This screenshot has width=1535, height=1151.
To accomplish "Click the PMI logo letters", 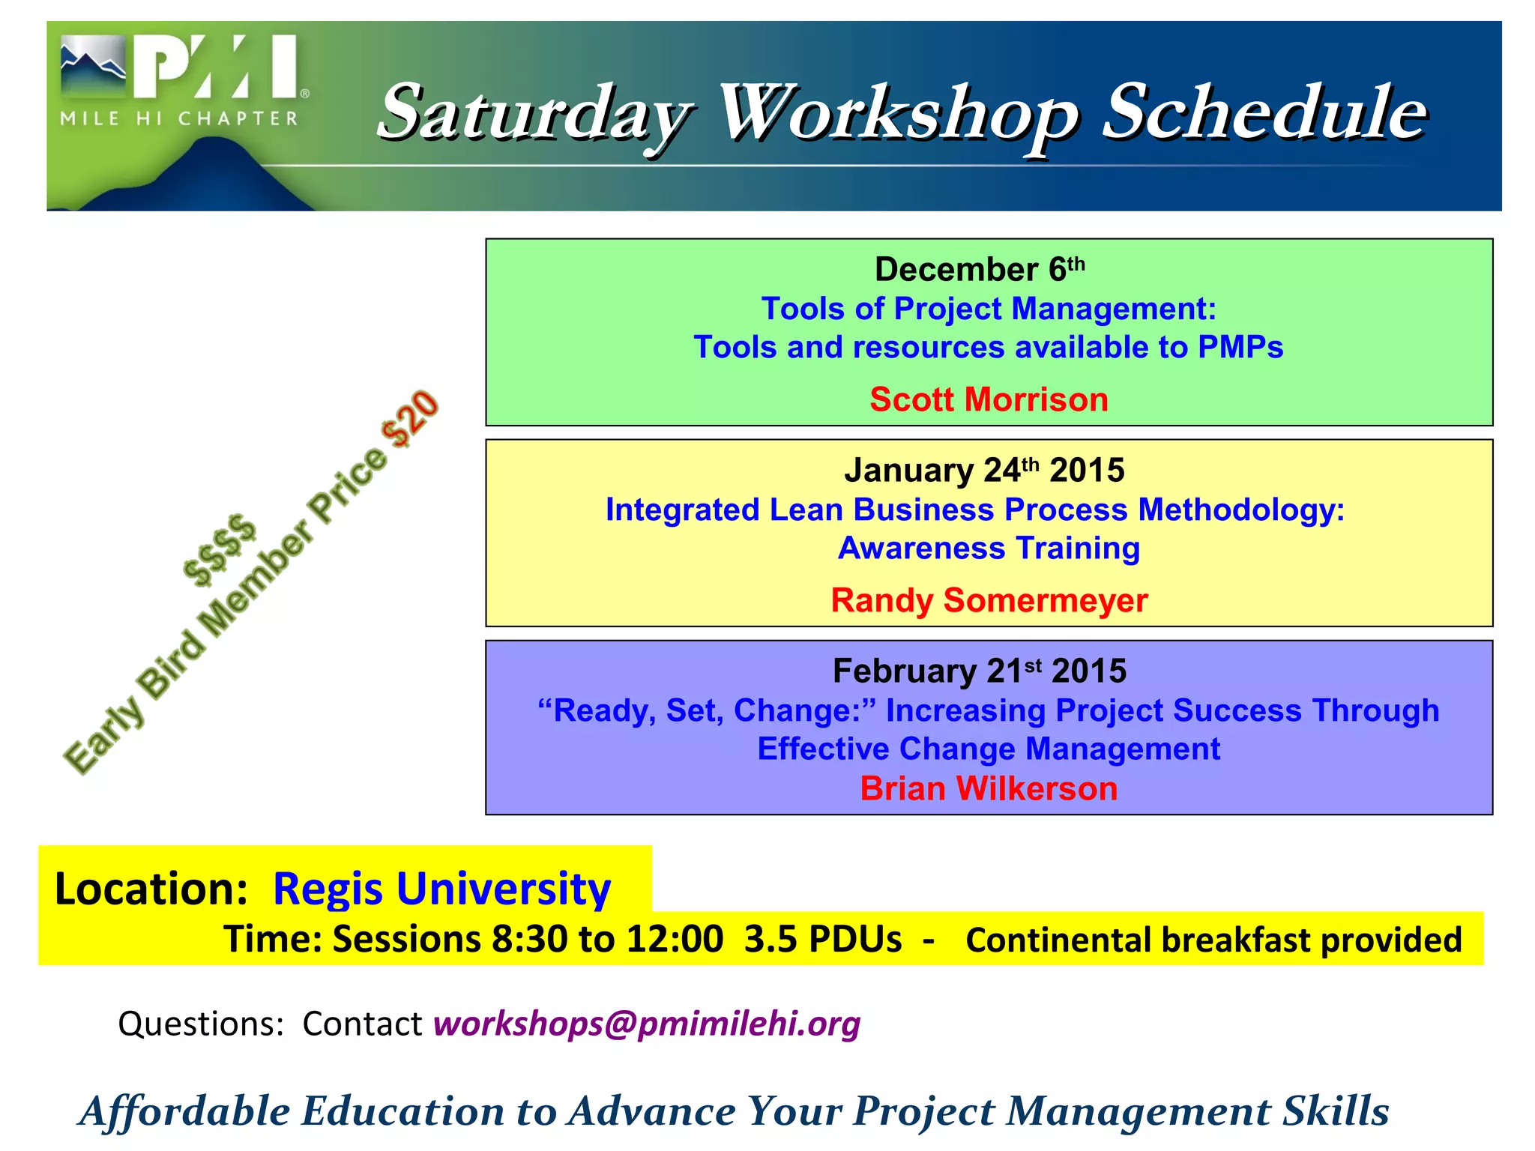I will (x=217, y=69).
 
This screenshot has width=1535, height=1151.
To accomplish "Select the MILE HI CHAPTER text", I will (x=179, y=119).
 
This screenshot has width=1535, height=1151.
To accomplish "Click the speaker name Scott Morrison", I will (x=988, y=399).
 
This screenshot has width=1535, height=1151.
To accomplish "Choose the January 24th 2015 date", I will (x=983, y=471).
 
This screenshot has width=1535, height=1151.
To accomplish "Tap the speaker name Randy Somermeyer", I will (x=989, y=600).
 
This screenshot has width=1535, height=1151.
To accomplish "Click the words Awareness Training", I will (x=989, y=549).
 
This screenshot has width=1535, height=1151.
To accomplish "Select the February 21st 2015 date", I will (x=979, y=671).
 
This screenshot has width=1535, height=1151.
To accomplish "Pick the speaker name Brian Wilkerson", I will (x=988, y=789).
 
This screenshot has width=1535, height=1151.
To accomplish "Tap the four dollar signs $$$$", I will (x=219, y=549).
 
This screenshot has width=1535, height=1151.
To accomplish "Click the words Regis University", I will (x=441, y=889).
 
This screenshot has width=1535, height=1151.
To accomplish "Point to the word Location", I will (x=151, y=889).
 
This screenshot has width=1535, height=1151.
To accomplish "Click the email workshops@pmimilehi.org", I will (x=646, y=1024).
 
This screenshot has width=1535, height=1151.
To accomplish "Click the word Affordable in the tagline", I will (x=184, y=1111).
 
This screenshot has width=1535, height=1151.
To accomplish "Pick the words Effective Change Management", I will (x=988, y=749).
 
